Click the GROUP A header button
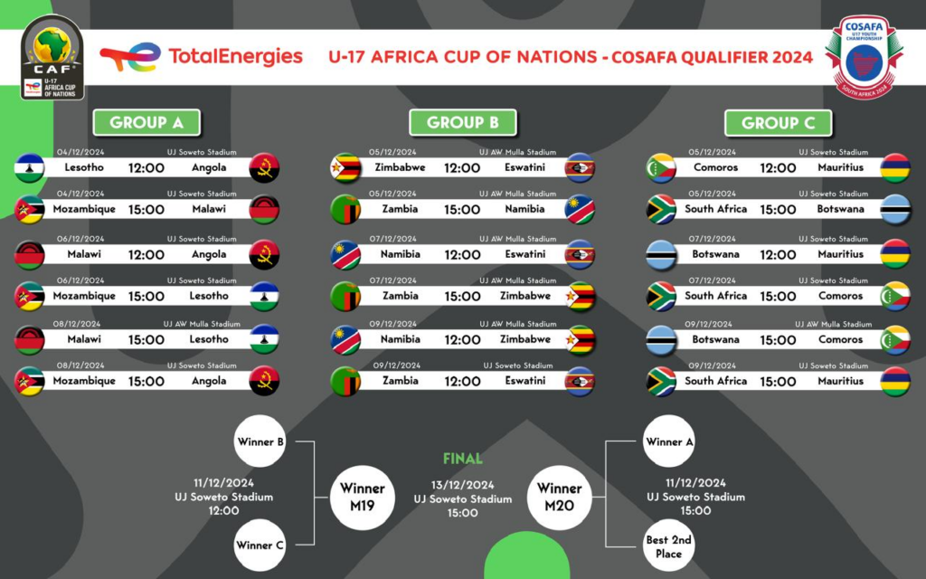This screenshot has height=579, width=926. [x=146, y=123]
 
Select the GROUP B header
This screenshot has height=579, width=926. [x=462, y=123]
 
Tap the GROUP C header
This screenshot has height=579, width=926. [x=779, y=123]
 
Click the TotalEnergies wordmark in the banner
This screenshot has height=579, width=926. [x=236, y=57]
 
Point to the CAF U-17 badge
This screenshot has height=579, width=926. [x=52, y=57]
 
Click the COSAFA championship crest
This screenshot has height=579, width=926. [x=864, y=57]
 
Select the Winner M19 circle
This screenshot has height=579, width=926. [x=362, y=498]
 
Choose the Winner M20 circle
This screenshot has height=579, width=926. [x=559, y=498]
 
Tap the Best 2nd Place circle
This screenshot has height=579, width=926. [x=668, y=546]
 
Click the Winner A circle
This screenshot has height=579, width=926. [x=668, y=441]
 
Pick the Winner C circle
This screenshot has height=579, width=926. [x=260, y=546]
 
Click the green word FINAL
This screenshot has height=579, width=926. [x=463, y=459]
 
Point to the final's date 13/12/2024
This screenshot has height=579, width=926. [x=462, y=485]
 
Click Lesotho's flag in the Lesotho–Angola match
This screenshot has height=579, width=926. [x=29, y=167]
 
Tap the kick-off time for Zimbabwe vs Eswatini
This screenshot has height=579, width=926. [x=462, y=167]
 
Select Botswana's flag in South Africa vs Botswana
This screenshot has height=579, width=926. [x=895, y=209]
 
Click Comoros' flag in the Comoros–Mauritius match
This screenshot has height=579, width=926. [x=661, y=167]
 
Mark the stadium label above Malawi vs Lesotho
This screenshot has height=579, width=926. [x=202, y=324]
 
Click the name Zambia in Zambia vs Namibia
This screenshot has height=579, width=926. [x=401, y=209]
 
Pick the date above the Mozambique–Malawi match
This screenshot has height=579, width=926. [x=80, y=194]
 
